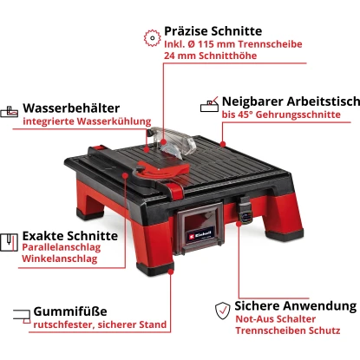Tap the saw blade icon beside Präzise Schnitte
150,36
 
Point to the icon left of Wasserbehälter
10,110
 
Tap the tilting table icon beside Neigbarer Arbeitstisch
210,103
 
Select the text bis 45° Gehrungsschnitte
278,115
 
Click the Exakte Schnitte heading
69,235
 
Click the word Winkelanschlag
59,260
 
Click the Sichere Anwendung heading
295,306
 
